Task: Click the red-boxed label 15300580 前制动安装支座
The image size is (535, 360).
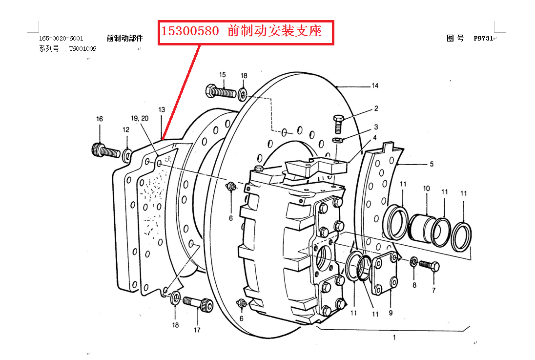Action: coord(246,32)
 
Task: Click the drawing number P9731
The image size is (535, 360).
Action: coord(483,39)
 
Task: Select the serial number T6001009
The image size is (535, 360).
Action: coord(82,49)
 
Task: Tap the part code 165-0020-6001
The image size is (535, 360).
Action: coord(61,39)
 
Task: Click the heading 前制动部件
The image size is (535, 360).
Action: coord(125,39)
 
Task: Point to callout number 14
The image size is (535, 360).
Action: coord(374,86)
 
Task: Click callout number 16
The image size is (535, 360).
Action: coord(100,119)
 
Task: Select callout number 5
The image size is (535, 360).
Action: coord(431,165)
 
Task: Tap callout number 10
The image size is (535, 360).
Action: coord(426,189)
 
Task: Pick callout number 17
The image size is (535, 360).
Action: coord(197,330)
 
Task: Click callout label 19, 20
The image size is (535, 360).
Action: coord(140,119)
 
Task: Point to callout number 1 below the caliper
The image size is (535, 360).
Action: coord(394,337)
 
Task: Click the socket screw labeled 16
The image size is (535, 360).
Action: coord(105,150)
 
